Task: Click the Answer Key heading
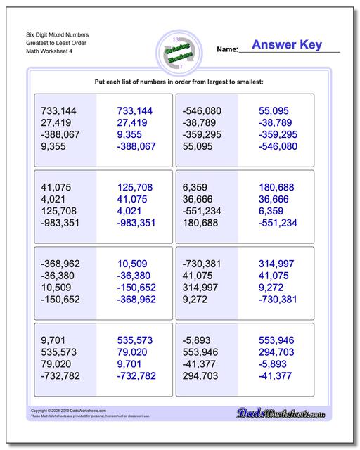286,45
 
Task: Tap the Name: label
227,50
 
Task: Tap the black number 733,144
60,111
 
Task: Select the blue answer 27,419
134,123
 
